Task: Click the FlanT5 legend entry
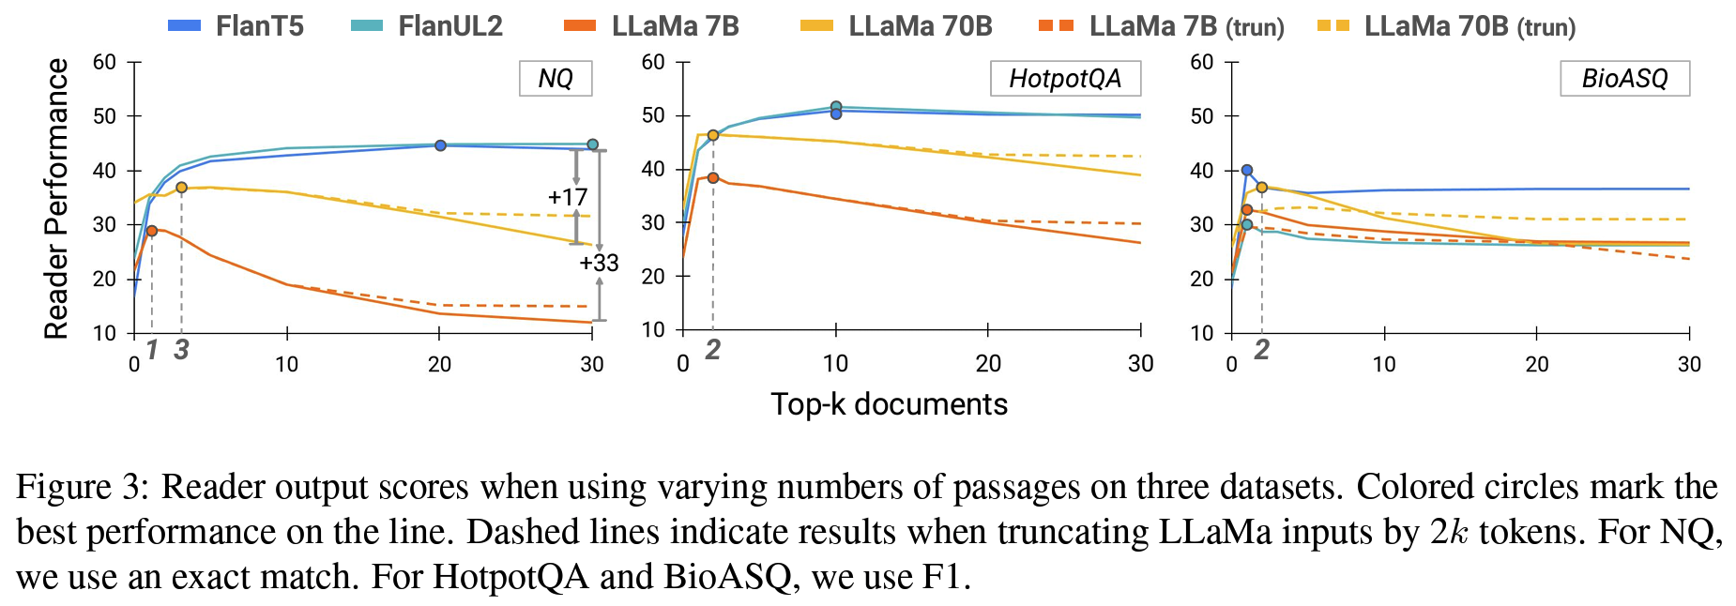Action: coord(236,26)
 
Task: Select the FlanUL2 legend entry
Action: coord(427,26)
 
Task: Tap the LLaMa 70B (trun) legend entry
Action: coord(1446,26)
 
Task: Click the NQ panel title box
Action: coord(556,78)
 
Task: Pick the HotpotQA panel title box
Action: coord(1065,78)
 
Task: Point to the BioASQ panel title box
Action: coord(1624,78)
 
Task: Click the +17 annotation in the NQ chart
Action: coord(567,197)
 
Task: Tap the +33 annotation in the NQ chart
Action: coord(599,263)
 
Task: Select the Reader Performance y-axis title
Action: coord(56,198)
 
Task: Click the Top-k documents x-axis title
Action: coord(889,404)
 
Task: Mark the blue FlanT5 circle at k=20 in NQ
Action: coord(440,145)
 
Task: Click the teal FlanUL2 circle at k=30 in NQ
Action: coord(592,144)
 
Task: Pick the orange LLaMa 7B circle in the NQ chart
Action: coord(151,231)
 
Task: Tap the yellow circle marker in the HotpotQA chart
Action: coord(713,135)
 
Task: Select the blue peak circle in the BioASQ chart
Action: coord(1246,171)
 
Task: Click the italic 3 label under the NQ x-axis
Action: coord(181,350)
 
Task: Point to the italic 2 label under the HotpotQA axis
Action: coord(713,350)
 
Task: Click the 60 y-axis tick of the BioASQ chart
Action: coord(1201,63)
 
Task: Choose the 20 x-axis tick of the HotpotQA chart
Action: coord(988,364)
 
